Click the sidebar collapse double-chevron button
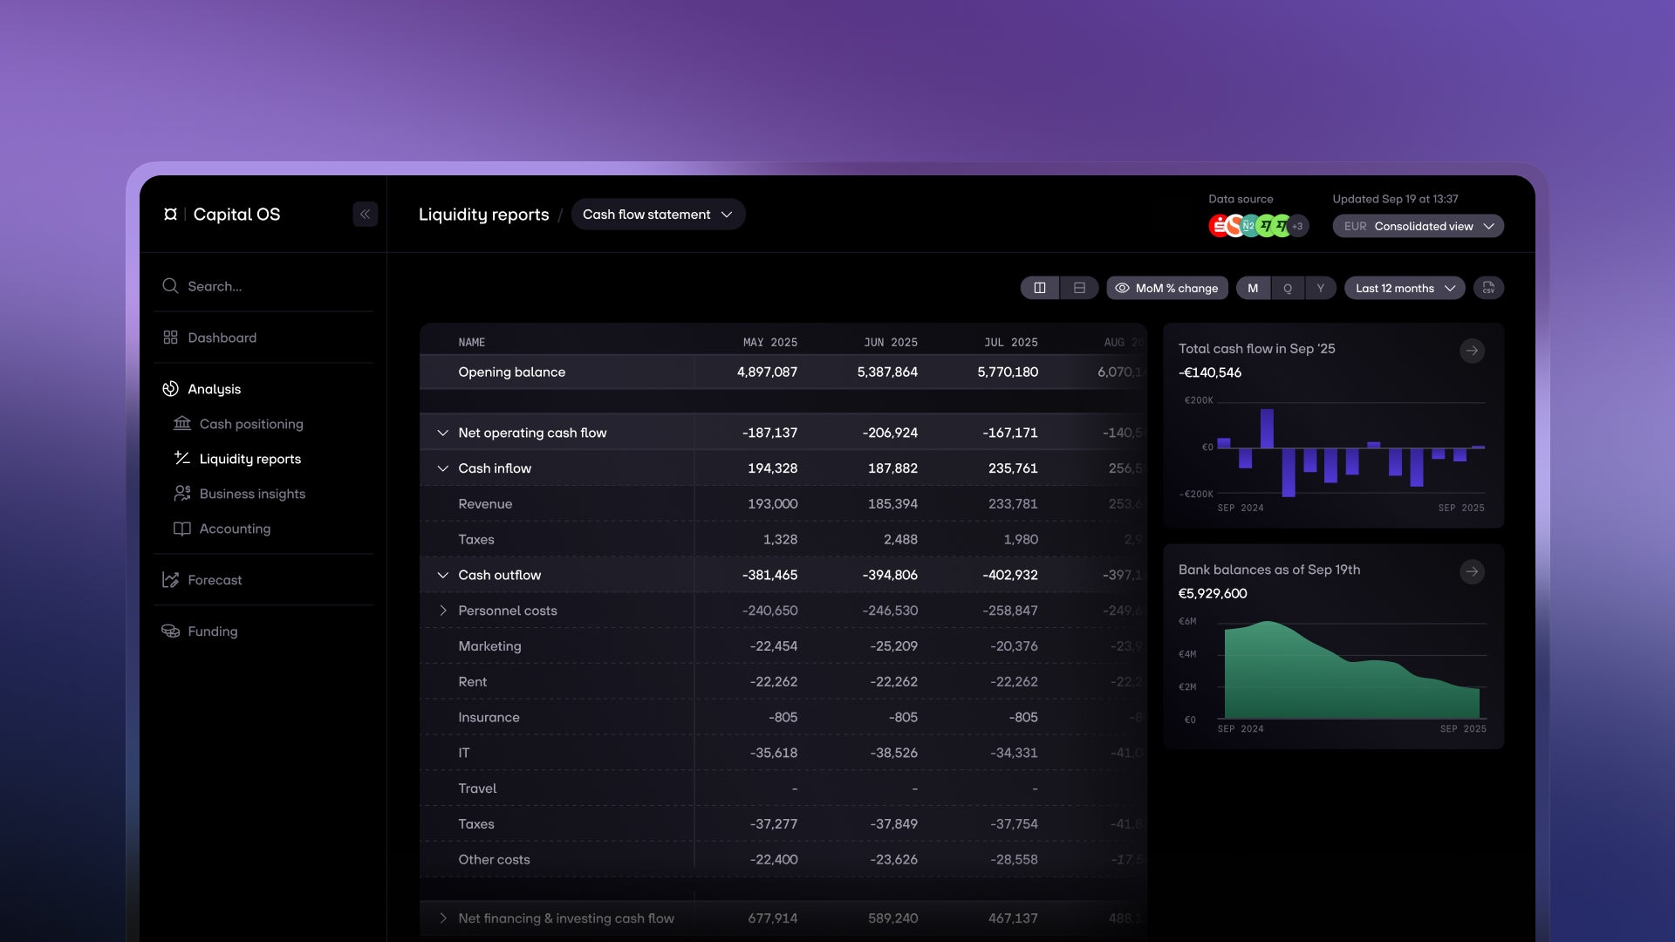[x=365, y=215]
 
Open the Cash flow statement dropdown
[x=658, y=215]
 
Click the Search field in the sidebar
[x=262, y=286]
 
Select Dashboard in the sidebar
[x=222, y=338]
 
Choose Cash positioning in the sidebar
[x=250, y=424]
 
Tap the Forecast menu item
[x=215, y=580]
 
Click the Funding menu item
[x=212, y=631]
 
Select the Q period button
[x=1287, y=288]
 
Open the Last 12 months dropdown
[x=1405, y=288]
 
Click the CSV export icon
[x=1488, y=288]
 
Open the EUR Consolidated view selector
[x=1418, y=226]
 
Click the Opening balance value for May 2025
[x=767, y=372]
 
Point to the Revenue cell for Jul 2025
[x=1013, y=504]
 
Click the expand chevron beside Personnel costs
[x=443, y=611]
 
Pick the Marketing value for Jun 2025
[x=893, y=646]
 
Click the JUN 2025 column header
[x=890, y=343]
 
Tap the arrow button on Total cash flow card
[x=1472, y=351]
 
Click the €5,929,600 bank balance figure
[x=1213, y=594]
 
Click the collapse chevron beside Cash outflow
[x=443, y=576]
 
